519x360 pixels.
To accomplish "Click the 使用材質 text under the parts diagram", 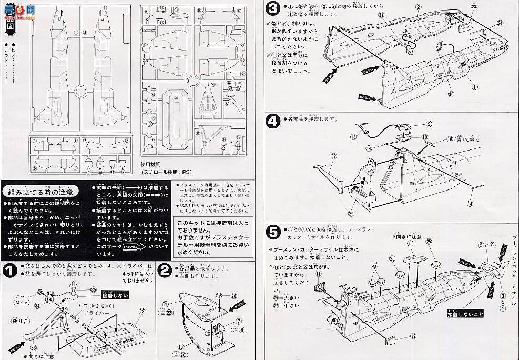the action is (154, 163).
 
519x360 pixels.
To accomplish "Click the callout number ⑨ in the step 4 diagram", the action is (429, 124).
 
